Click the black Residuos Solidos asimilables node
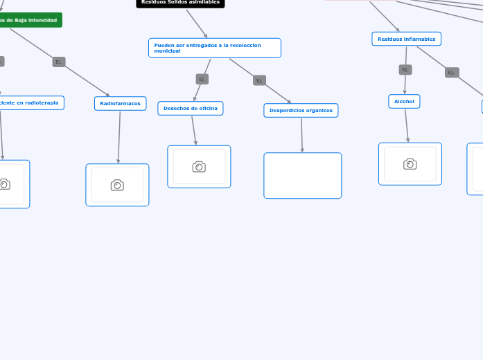point(180,3)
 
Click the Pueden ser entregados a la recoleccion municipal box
point(214,48)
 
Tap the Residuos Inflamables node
point(406,39)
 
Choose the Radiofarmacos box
point(120,103)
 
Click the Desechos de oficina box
point(190,108)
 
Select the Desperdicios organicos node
point(301,110)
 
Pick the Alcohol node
point(404,101)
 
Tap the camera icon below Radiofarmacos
point(117,185)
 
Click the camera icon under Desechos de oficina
point(199,167)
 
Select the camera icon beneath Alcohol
point(410,164)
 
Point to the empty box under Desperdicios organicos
point(302,175)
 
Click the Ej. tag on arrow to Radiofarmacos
point(59,62)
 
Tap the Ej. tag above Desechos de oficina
point(202,79)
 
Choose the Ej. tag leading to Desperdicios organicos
point(259,80)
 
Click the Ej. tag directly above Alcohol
point(405,69)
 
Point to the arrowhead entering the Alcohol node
point(405,92)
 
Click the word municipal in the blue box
point(167,51)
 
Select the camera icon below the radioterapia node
point(4,184)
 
